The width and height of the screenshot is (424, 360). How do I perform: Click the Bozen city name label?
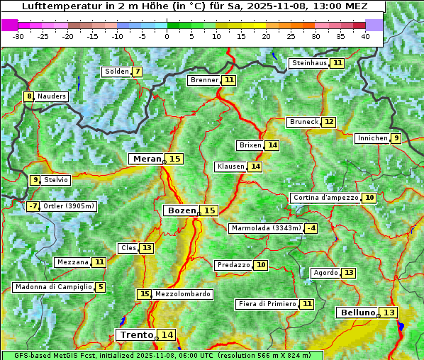coord(181,210)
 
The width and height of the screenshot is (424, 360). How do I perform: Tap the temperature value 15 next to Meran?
coord(174,159)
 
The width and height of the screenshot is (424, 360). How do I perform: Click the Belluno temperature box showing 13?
coord(389,313)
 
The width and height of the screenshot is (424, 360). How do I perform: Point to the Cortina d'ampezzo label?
coord(325,198)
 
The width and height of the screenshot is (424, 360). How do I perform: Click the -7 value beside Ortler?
coord(33,206)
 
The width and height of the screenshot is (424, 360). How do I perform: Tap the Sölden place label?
coord(117,72)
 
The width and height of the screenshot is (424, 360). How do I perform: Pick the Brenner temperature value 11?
coord(228,80)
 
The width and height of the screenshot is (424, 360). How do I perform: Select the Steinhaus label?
coord(309,63)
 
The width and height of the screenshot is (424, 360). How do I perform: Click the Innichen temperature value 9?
coord(396,138)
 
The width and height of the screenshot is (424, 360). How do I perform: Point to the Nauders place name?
coord(52,96)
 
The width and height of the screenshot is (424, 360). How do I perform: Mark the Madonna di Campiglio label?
coord(53,287)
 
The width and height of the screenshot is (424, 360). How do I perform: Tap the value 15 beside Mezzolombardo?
coord(144,294)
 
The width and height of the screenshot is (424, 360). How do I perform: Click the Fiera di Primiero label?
coord(267,304)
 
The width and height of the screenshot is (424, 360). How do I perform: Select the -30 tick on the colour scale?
coord(18,35)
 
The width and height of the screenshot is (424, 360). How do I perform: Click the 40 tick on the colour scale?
coord(365,35)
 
